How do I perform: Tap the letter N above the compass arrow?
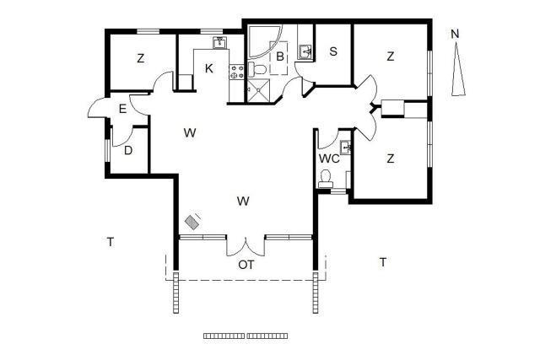point(456,34)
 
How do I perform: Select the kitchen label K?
point(208,68)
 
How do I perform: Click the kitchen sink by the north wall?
point(219,43)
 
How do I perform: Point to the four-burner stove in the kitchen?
point(236,72)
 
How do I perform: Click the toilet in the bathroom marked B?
point(256,70)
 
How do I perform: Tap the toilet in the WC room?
point(326,179)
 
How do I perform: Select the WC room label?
point(329,159)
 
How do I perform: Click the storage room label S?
point(333,51)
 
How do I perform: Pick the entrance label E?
point(122,109)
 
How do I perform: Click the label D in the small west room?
point(128,150)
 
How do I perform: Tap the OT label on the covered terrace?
point(246,265)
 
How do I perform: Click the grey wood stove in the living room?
point(192,222)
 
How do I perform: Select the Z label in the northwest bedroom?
point(140,58)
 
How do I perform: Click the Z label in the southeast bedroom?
point(390,159)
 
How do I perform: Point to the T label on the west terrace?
point(111,242)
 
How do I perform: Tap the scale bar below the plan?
point(246,336)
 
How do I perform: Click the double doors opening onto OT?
point(246,246)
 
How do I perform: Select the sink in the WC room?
point(345,148)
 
